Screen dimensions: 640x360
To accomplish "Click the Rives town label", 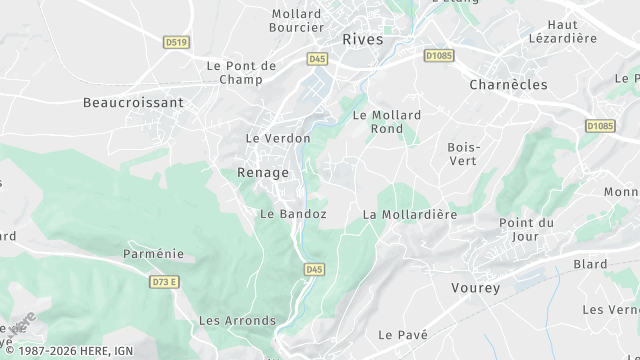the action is pyautogui.click(x=363, y=40).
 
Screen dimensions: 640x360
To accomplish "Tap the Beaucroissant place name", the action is pyautogui.click(x=133, y=102).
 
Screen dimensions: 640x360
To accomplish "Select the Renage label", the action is pyautogui.click(x=263, y=173).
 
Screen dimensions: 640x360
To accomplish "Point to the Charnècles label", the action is pyautogui.click(x=508, y=85).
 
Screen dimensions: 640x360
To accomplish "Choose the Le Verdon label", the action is pyautogui.click(x=278, y=138).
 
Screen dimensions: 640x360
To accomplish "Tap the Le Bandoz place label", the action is pyautogui.click(x=293, y=214).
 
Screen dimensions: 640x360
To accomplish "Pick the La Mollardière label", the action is pyautogui.click(x=409, y=214).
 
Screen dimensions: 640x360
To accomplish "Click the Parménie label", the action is pyautogui.click(x=153, y=254).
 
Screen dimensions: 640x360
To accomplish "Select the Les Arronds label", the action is pyautogui.click(x=237, y=321).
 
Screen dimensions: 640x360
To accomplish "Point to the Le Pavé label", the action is pyautogui.click(x=403, y=334).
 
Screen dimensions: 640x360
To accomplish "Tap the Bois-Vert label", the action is pyautogui.click(x=464, y=154).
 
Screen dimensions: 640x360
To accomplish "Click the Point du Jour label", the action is pyautogui.click(x=526, y=229).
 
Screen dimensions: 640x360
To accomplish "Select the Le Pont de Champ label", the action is pyautogui.click(x=241, y=72).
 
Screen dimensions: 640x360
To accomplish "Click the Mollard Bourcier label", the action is pyautogui.click(x=296, y=20).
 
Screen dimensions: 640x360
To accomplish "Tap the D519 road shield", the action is pyautogui.click(x=177, y=42).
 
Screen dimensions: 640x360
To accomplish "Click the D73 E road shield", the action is pyautogui.click(x=164, y=282).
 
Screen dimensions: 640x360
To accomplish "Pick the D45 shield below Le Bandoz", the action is pyautogui.click(x=314, y=269).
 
